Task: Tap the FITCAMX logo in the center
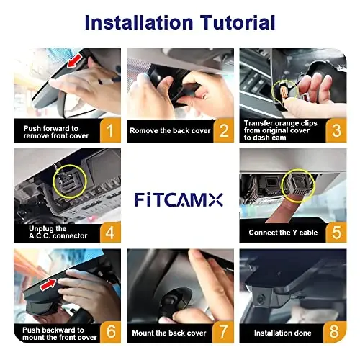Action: [x=180, y=197]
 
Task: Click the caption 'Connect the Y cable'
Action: [x=282, y=233]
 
